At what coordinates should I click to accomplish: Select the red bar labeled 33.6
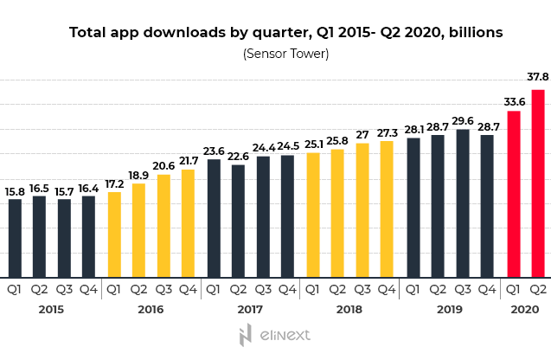pyautogui.click(x=513, y=194)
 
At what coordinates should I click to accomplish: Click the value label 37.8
pyautogui.click(x=537, y=75)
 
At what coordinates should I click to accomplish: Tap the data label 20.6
pyautogui.click(x=163, y=165)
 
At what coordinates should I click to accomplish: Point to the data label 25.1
pyautogui.click(x=312, y=144)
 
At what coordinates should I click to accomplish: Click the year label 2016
pyautogui.click(x=151, y=309)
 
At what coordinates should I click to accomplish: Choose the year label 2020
pyautogui.click(x=525, y=309)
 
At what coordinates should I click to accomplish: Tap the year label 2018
pyautogui.click(x=349, y=309)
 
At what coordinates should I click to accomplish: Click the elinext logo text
pyautogui.click(x=285, y=334)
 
